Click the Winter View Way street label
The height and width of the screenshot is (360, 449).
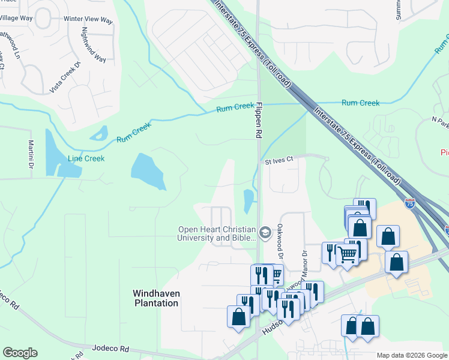[x=88, y=20]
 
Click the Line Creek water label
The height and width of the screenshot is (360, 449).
[x=86, y=158]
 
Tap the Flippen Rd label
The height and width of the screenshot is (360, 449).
[x=259, y=121]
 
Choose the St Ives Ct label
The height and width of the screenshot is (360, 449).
[x=279, y=160]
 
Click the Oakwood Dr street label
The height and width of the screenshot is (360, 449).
[x=279, y=238]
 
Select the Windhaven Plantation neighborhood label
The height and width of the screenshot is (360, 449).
[x=155, y=298]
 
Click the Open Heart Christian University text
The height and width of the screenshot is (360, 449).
[x=217, y=233]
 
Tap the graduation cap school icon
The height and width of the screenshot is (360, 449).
[x=265, y=231]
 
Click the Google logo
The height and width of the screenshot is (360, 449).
[x=20, y=353]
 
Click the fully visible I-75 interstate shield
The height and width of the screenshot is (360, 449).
[x=409, y=204]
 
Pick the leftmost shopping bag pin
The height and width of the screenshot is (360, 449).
[x=238, y=316]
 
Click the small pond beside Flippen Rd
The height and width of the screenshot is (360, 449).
[x=248, y=200]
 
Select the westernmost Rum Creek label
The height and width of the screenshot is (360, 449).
[x=131, y=133]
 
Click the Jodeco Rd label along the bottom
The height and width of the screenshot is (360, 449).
[x=111, y=348]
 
